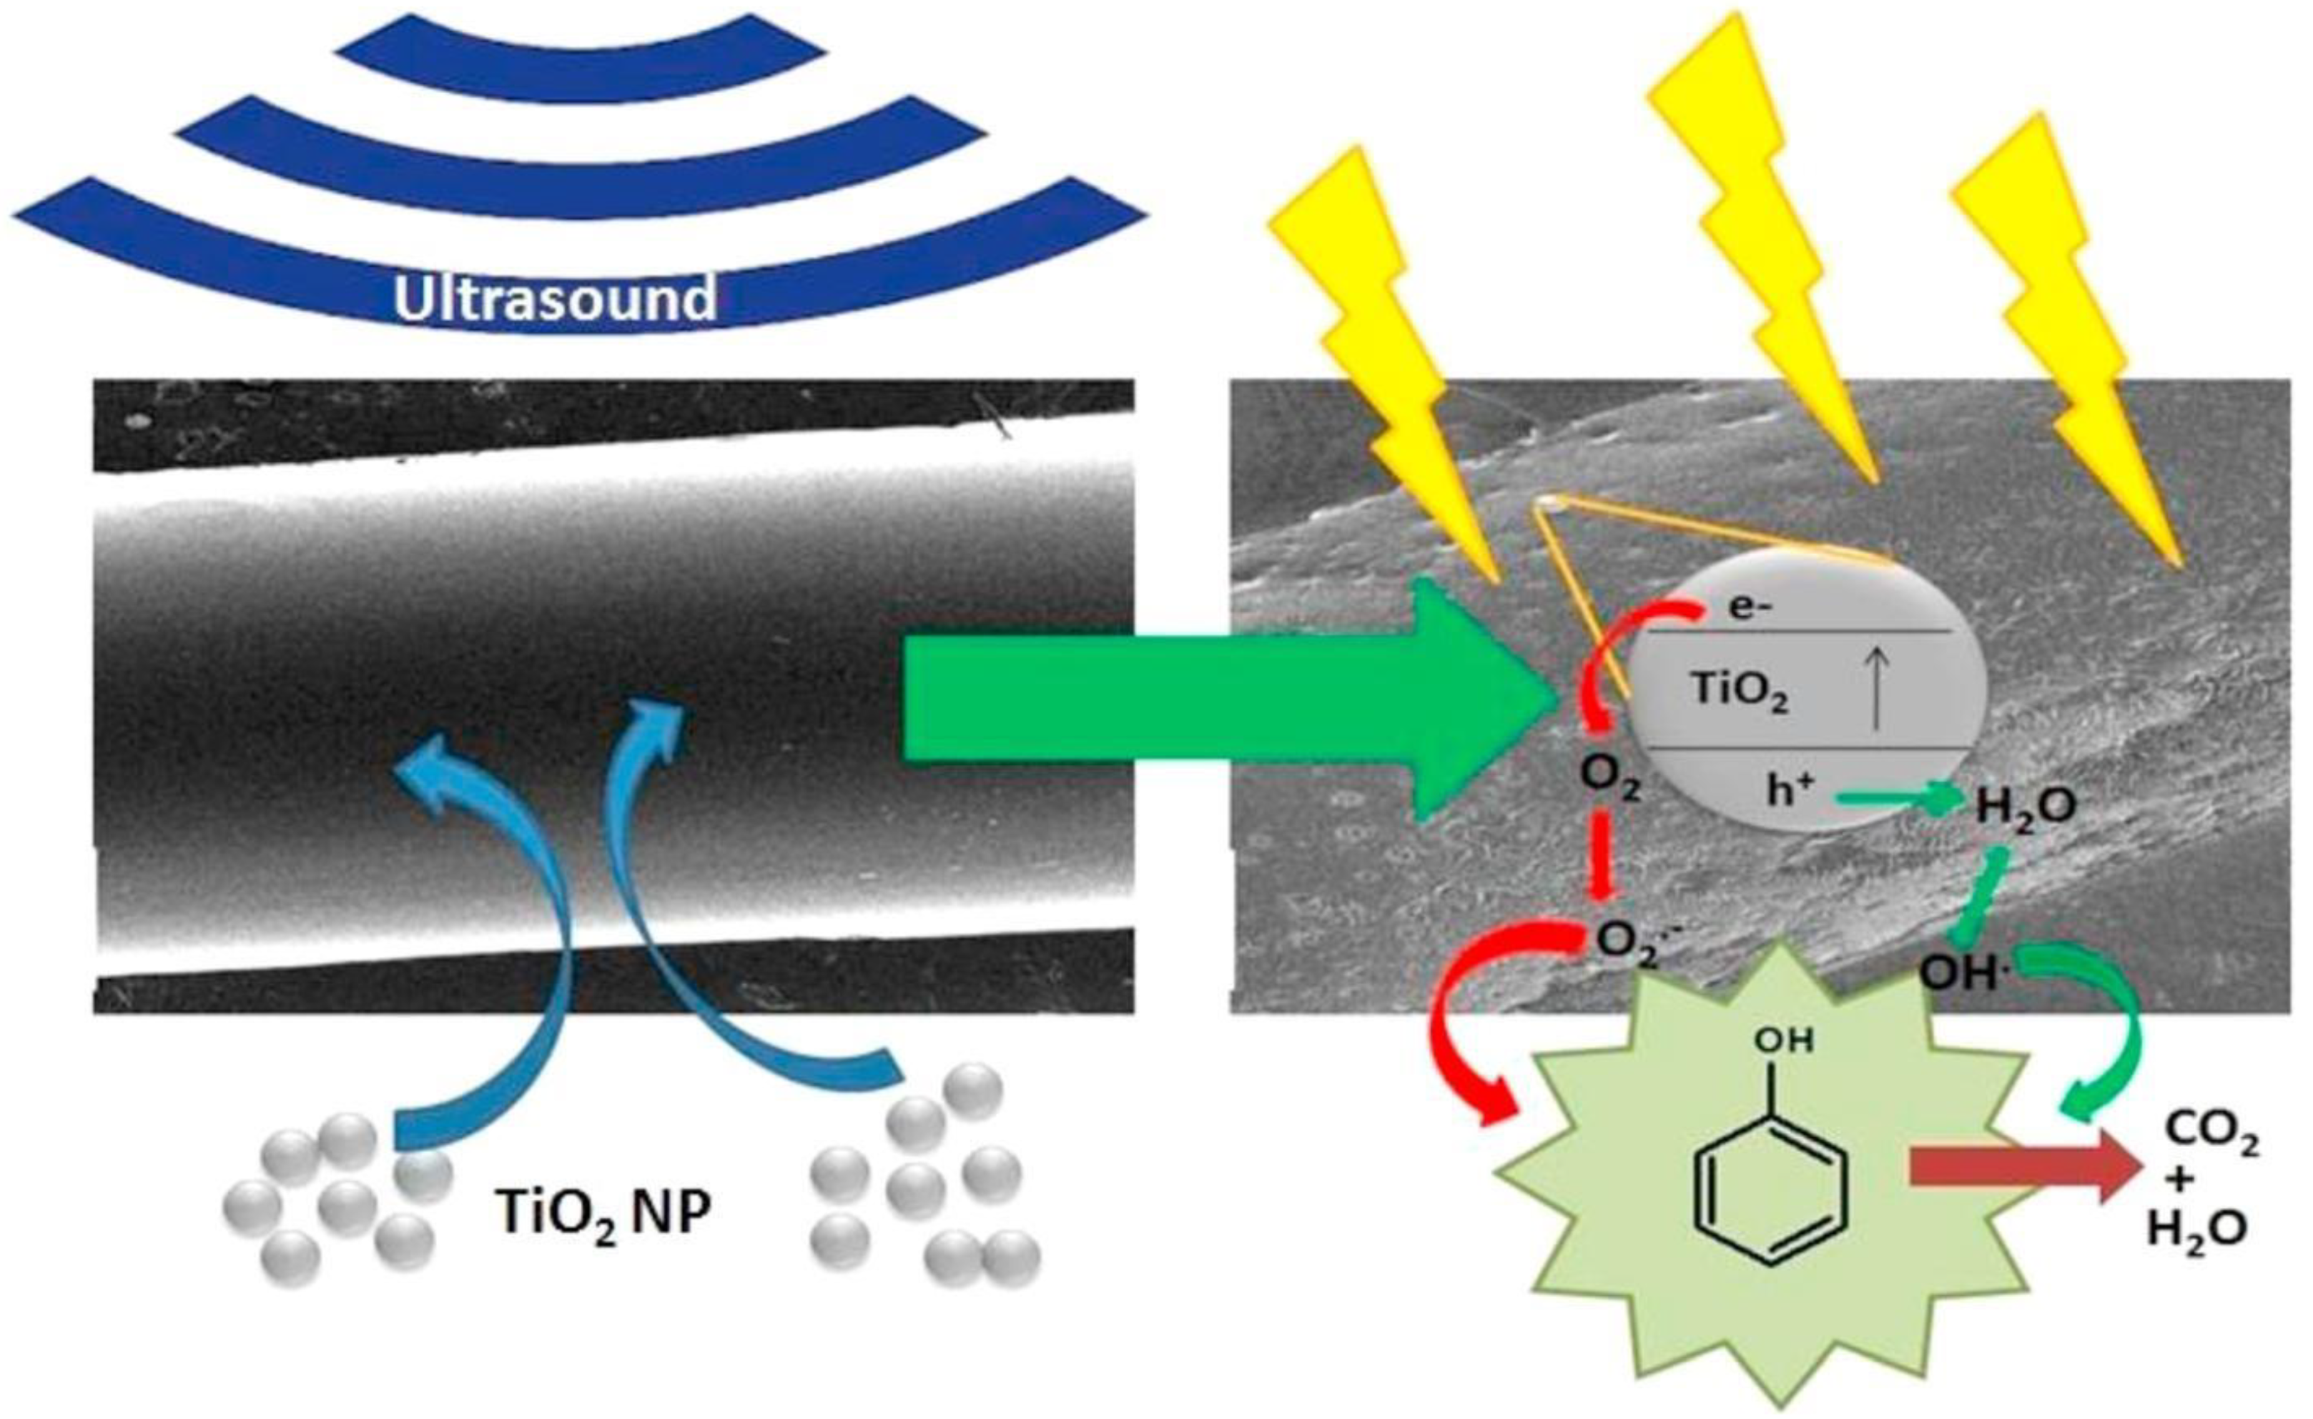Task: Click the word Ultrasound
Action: [x=555, y=299]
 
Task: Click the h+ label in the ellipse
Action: [x=1789, y=791]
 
